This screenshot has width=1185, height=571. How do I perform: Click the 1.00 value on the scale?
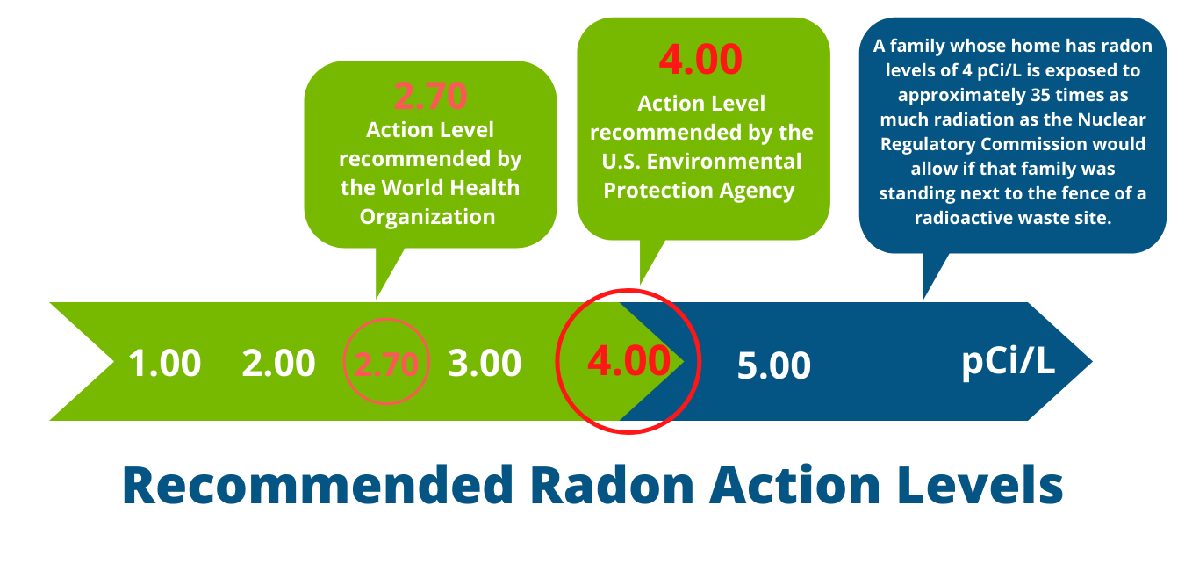click(x=164, y=363)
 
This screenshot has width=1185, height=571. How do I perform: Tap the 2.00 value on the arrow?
click(x=278, y=363)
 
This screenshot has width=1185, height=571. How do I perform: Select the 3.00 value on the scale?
click(x=484, y=363)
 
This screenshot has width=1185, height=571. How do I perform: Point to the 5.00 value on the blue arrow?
click(x=773, y=365)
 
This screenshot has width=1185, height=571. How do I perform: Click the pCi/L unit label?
click(x=1008, y=362)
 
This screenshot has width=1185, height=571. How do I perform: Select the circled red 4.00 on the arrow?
click(x=629, y=361)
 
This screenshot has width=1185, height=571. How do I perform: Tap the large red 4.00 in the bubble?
click(x=700, y=59)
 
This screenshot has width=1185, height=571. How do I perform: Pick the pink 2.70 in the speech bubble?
click(x=430, y=97)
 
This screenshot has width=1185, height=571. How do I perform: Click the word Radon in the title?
click(x=612, y=485)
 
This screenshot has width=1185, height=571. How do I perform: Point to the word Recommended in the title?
click(x=318, y=485)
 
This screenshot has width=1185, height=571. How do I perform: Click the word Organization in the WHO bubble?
click(x=427, y=217)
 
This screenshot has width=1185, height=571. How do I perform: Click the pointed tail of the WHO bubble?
click(x=377, y=298)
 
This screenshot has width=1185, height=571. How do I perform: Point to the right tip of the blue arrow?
click(x=1092, y=362)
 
